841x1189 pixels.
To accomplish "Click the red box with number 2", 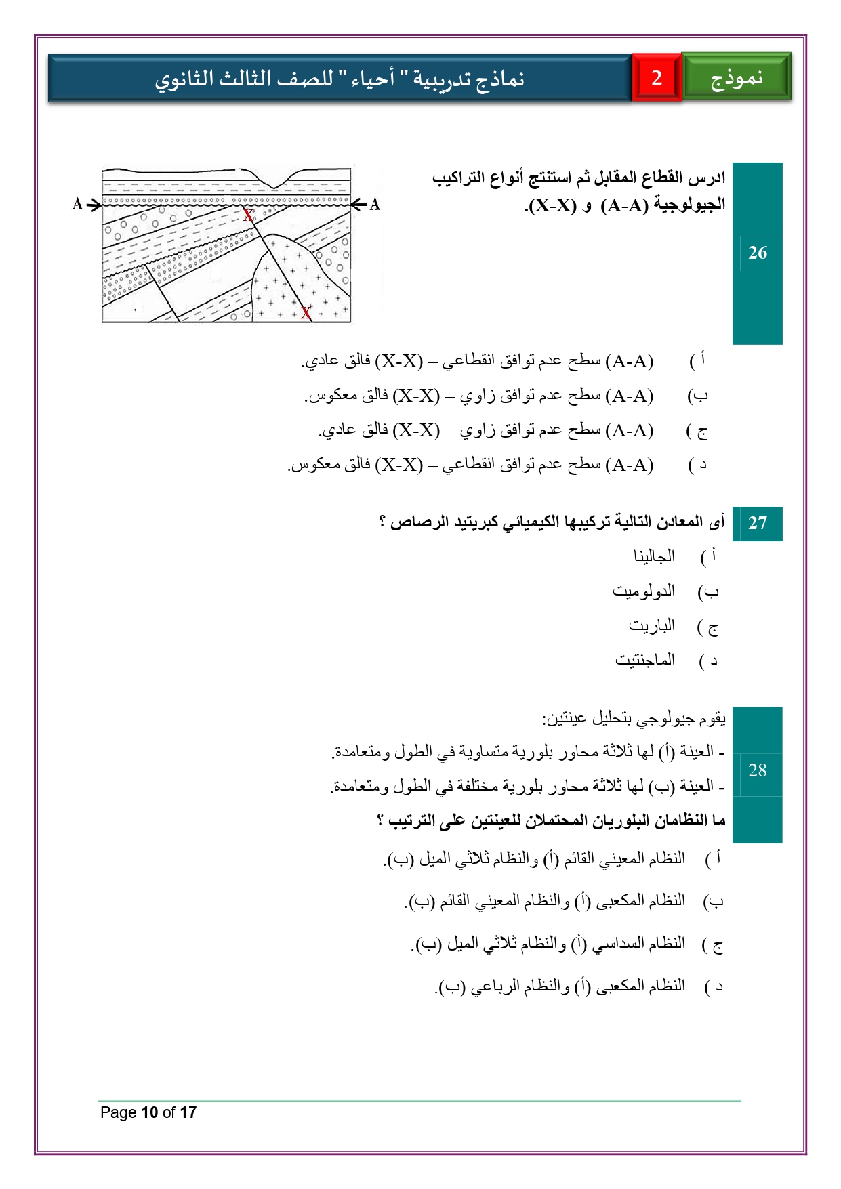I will [x=656, y=78].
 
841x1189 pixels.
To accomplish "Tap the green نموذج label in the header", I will [x=737, y=78].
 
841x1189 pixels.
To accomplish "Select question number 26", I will [x=757, y=253].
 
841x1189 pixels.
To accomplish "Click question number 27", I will [x=757, y=523].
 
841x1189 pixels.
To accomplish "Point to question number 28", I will [x=757, y=770].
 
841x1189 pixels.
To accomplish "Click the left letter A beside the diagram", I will [x=77, y=204].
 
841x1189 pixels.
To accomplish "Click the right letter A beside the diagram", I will [x=375, y=204].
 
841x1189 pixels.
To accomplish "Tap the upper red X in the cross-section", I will [x=249, y=215].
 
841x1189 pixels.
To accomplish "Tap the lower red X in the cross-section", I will [x=306, y=312].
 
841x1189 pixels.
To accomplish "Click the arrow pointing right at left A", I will [x=94, y=204].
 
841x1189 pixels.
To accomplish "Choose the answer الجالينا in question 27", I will [x=654, y=556].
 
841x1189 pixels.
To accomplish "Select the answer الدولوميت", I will [x=643, y=591].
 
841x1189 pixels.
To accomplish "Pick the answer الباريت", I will [x=651, y=625].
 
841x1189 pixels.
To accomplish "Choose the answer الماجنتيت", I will [x=644, y=659].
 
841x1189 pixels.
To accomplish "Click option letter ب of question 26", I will [x=697, y=396].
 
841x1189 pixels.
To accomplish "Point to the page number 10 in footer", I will [x=150, y=1112].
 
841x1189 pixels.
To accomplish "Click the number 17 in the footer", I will [x=188, y=1112].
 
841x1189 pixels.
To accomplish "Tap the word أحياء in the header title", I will [x=373, y=79].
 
